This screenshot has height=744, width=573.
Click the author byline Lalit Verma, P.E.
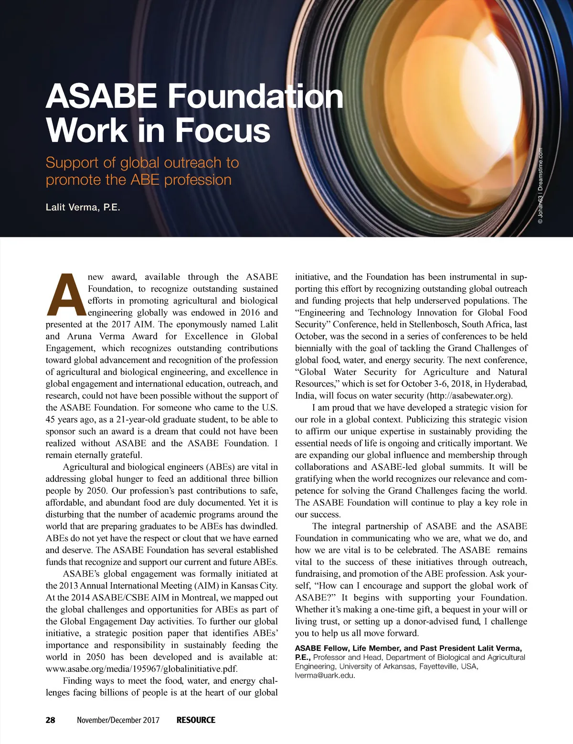[x=83, y=207]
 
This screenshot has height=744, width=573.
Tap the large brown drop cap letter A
[x=66, y=295]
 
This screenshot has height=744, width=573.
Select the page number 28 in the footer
[x=50, y=720]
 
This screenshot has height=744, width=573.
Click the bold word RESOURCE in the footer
[x=196, y=720]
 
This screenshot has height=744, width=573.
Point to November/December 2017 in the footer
[x=118, y=720]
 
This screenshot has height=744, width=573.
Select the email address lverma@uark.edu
[x=325, y=675]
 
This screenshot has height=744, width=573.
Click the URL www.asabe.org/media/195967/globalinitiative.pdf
[x=141, y=669]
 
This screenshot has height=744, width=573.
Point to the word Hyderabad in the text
[x=505, y=384]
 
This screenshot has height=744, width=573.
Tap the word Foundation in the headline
[x=255, y=96]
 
